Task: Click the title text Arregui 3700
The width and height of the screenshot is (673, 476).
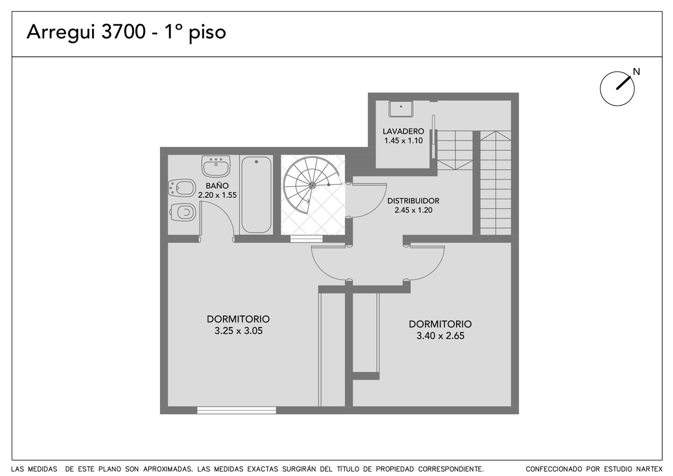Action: tap(86, 32)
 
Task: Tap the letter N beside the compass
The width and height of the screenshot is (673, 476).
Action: tap(636, 71)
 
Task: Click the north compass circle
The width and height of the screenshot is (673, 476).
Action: tap(617, 89)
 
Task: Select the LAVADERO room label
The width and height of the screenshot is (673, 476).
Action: tap(403, 131)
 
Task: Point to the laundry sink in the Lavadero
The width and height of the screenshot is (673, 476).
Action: tap(401, 109)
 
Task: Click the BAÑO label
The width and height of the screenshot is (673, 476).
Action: tap(217, 185)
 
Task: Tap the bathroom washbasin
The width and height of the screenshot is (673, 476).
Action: tap(216, 166)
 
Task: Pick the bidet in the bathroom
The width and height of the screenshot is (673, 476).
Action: tap(182, 188)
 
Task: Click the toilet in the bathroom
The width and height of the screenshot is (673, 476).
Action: tap(182, 212)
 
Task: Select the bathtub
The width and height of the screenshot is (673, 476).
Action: tap(256, 195)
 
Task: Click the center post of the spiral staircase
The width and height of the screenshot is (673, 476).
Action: tap(312, 185)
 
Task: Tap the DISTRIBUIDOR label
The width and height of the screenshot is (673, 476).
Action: tap(413, 201)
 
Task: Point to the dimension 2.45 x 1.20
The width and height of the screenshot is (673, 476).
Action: tap(413, 210)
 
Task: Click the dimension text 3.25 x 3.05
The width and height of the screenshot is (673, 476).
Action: tap(238, 331)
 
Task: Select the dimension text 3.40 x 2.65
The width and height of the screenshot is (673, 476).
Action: tap(440, 336)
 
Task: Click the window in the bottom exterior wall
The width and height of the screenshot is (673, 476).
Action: tap(236, 410)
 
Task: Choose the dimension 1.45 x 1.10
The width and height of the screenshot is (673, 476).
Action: tap(404, 140)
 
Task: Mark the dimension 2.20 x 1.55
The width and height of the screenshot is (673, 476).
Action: tap(217, 195)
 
